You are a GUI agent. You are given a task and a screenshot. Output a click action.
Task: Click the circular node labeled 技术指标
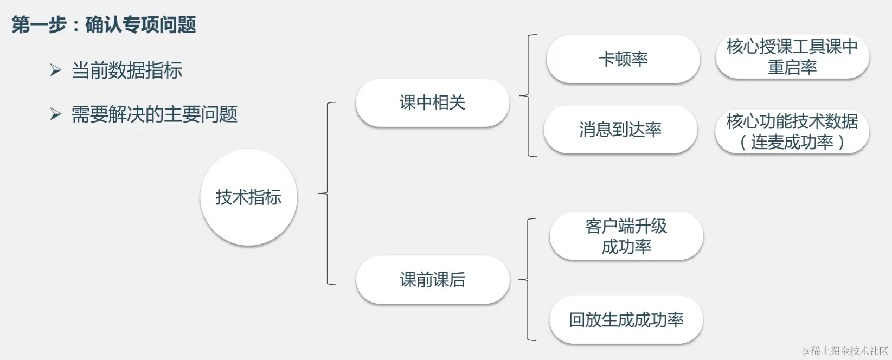(248, 197)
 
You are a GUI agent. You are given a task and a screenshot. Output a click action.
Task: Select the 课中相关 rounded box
(432, 102)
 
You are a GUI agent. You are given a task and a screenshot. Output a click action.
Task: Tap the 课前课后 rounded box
(432, 279)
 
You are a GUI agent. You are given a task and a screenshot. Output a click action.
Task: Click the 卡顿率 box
(623, 59)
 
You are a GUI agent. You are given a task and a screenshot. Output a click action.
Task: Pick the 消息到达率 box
(620, 129)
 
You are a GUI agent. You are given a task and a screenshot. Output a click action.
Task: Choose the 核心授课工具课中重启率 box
(792, 56)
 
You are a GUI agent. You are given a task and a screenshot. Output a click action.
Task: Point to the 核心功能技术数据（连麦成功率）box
(792, 131)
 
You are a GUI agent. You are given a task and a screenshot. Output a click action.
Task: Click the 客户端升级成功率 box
(626, 236)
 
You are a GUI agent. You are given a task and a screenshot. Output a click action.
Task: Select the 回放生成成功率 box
(626, 320)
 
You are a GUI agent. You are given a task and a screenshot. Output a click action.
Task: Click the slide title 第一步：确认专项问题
(104, 24)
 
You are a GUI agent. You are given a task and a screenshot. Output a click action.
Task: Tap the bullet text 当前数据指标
(127, 70)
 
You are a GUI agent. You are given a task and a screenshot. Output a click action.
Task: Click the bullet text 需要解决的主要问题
(155, 114)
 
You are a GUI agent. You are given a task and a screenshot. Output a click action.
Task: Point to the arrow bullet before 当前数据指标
(55, 70)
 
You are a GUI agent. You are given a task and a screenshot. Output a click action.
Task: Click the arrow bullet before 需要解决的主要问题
(55, 114)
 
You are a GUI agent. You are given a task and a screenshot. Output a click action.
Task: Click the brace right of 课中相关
(528, 96)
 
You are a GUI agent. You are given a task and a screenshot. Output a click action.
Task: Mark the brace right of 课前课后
(528, 279)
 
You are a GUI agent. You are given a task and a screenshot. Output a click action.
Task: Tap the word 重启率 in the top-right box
(792, 67)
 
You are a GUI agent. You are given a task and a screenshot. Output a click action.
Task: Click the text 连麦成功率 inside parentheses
(792, 142)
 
